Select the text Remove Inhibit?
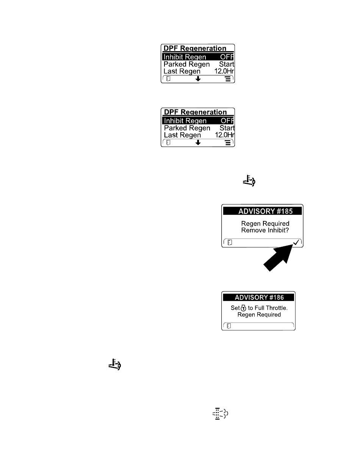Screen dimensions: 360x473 [x=265, y=230]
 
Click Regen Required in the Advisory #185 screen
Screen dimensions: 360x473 [x=265, y=224]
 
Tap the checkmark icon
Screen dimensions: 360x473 [x=296, y=242]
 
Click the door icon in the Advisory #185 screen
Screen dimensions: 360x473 [x=230, y=243]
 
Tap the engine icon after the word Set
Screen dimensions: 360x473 [x=243, y=308]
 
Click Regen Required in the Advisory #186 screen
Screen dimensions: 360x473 [x=259, y=315]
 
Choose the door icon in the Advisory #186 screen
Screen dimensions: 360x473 [x=229, y=326]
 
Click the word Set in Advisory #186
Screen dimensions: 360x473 [x=235, y=308]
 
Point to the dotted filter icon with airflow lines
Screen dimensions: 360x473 [x=220, y=413]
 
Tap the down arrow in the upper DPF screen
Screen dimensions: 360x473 [x=198, y=79]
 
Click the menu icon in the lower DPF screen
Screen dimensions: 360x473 [x=228, y=143]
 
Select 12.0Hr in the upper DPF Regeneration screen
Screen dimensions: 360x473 [x=224, y=71]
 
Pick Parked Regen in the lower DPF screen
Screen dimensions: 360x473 [x=187, y=128]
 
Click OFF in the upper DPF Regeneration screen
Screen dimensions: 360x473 [x=227, y=57]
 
